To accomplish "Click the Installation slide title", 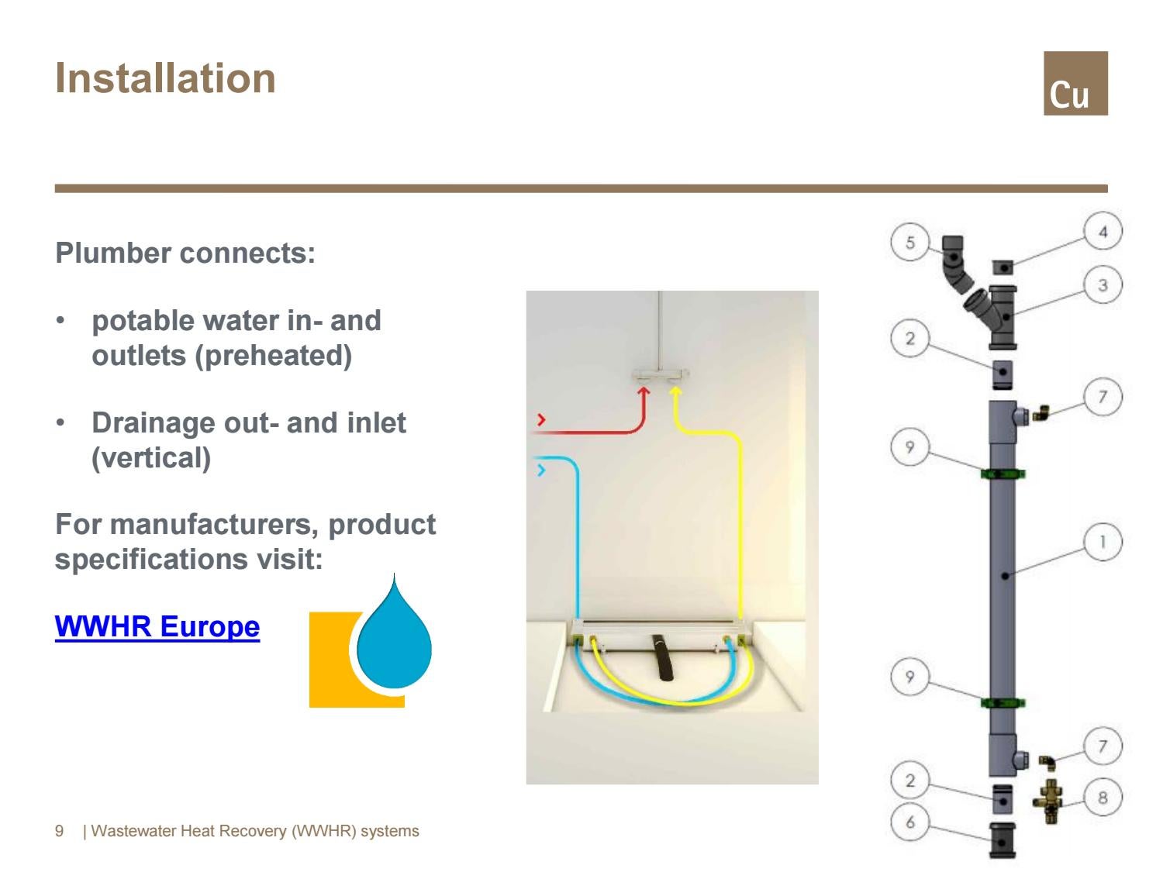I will tap(165, 78).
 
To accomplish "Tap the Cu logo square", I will tap(1075, 83).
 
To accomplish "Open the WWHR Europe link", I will tap(157, 626).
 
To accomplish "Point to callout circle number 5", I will tap(910, 243).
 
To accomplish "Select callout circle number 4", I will tap(1103, 231).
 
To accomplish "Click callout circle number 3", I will tap(1103, 285).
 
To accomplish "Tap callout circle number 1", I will tap(1103, 542).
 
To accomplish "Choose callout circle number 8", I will tap(1103, 798).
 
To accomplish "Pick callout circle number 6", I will tap(910, 822).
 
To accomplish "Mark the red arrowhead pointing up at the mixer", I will tap(643, 392).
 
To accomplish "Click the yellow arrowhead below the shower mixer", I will tap(675, 392).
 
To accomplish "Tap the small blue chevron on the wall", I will tap(541, 470).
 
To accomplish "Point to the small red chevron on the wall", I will tap(541, 420).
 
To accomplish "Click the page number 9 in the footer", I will tap(60, 832).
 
